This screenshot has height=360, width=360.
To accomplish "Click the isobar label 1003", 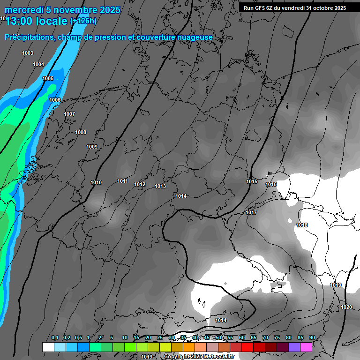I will (28, 53).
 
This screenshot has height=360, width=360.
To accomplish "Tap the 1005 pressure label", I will (48, 79).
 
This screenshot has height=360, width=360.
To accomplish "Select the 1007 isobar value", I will (69, 114).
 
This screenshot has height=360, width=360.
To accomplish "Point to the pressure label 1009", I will (92, 147).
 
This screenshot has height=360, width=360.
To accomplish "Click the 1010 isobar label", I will (96, 183).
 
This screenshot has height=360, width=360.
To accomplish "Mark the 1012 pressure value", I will (140, 185).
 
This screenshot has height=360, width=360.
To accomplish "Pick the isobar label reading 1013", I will (160, 187).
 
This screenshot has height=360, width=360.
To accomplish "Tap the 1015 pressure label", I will (252, 182).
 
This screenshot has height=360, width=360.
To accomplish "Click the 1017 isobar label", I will (251, 213).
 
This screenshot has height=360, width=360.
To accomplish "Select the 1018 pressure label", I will (302, 225).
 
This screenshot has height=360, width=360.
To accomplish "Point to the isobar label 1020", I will (346, 307).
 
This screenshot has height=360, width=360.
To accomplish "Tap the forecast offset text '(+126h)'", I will (83, 21).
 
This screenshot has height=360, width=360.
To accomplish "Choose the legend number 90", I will (312, 338).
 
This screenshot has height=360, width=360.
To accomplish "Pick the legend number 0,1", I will (55, 338).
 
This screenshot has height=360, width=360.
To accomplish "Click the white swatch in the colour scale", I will (48, 347).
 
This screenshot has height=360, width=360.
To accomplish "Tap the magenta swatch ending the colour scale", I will (306, 347).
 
